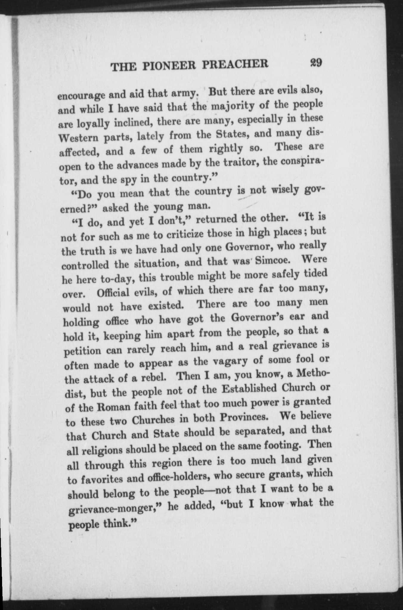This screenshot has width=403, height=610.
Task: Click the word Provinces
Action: [243, 416]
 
